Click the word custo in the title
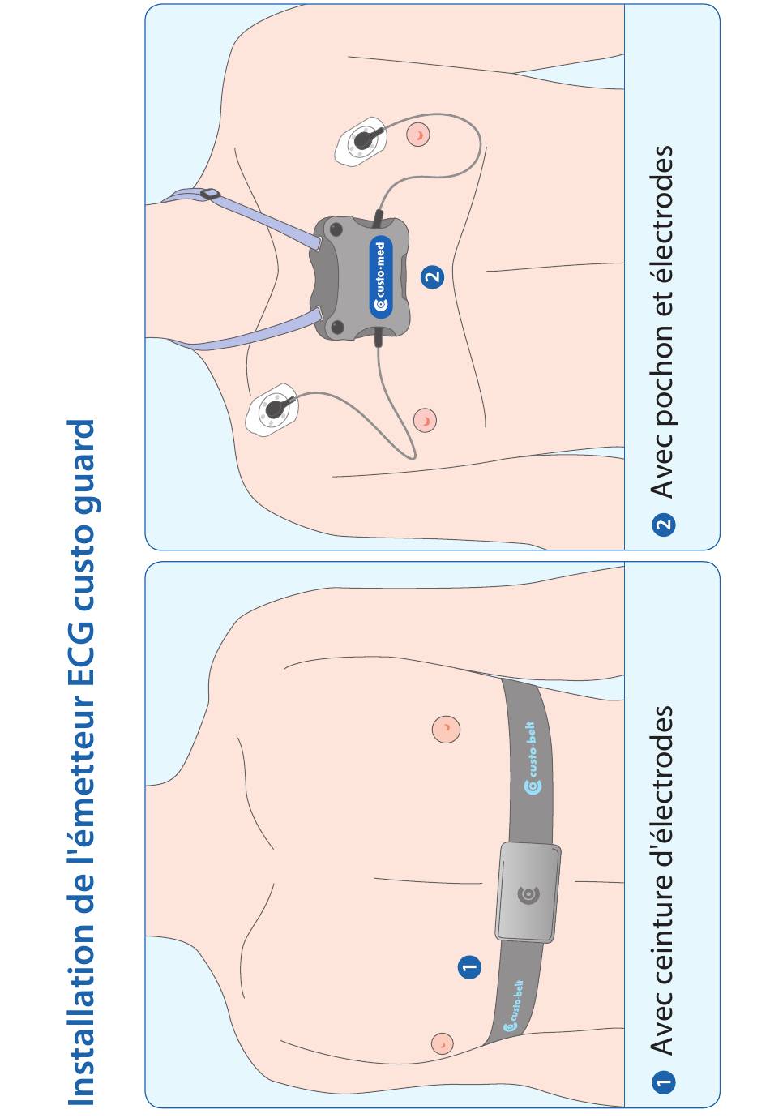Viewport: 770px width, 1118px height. [81, 566]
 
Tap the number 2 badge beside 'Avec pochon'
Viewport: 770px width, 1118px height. [663, 525]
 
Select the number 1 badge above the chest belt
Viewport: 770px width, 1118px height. [469, 966]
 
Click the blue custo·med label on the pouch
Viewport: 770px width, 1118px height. [381, 276]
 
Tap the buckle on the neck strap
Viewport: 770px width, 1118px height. [210, 194]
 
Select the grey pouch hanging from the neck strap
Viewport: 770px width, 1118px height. [359, 278]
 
